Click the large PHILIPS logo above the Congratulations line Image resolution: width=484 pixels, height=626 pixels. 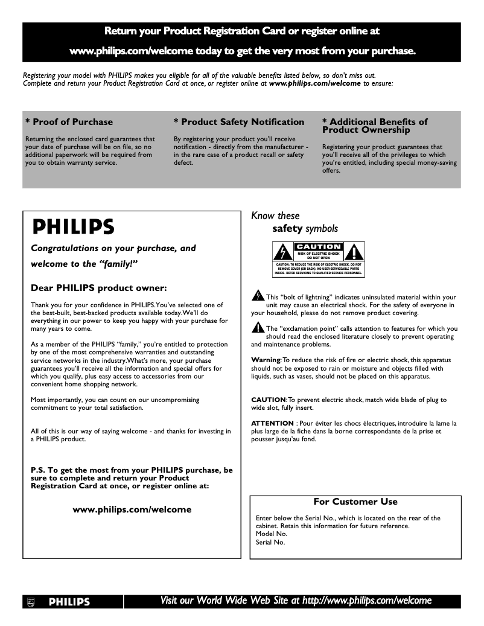72,226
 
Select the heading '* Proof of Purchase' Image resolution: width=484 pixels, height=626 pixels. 69,122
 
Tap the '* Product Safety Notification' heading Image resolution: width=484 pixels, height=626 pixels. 238,122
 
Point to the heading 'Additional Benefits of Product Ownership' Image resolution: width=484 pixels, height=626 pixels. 374,126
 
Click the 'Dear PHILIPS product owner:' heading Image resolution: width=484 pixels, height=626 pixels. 98,287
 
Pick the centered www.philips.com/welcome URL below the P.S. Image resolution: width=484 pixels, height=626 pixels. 132,509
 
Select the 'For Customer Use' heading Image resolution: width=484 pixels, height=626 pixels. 355,502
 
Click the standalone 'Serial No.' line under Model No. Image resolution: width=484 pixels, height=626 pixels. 270,542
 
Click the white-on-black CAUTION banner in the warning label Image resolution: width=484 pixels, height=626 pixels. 318,247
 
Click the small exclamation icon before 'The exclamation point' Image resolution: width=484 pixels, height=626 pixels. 258,328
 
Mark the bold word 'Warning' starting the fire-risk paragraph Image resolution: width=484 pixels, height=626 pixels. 266,360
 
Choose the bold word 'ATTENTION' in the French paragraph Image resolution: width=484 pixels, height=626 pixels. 272,424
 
